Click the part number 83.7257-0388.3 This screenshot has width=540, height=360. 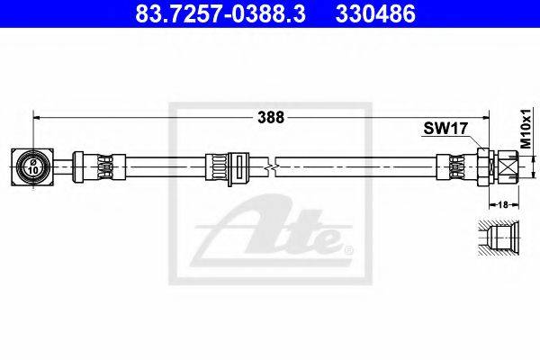(x=220, y=13)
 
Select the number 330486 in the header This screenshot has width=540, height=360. (x=375, y=13)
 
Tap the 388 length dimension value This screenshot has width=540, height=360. (x=271, y=118)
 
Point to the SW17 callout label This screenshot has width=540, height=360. (x=445, y=129)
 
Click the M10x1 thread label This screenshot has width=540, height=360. (x=526, y=129)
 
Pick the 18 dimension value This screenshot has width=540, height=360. (x=503, y=204)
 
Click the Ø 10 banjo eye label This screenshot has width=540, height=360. (x=33, y=166)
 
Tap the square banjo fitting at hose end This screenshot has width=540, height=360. (x=32, y=167)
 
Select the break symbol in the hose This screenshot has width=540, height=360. (x=272, y=167)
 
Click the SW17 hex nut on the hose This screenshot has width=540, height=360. (x=482, y=167)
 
